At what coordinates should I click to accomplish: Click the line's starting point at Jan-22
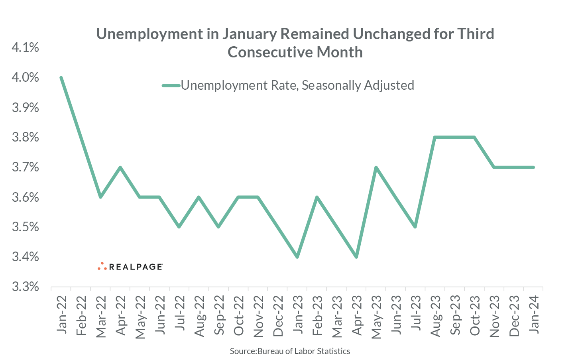coord(61,77)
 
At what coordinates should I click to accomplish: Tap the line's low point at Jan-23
coord(297,257)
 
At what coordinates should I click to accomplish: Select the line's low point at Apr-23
coord(356,257)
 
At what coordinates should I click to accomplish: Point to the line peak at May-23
coord(376,167)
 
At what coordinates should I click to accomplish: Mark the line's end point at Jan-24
coord(533,167)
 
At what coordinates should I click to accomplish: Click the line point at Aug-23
coord(435,138)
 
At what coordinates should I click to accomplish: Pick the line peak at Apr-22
coord(120,167)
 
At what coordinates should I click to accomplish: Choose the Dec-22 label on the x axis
coord(278,316)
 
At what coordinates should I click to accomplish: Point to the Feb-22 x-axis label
coord(81,316)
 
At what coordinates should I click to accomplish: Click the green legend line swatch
coord(171,85)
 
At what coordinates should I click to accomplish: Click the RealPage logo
coord(130,266)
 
